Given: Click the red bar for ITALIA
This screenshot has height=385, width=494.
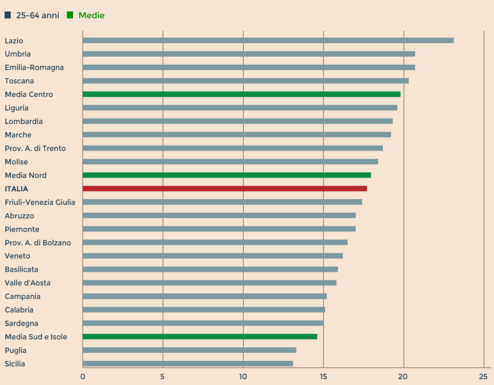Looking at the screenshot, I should tap(225, 188).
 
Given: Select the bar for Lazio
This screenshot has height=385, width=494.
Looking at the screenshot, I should tap(268, 40).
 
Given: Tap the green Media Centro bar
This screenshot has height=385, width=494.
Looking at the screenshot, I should tap(242, 94).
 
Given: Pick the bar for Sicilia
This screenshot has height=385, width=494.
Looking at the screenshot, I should tap(188, 363).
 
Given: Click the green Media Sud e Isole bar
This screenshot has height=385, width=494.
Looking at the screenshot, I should tap(200, 337).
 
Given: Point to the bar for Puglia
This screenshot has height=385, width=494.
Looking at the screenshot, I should tap(189, 350).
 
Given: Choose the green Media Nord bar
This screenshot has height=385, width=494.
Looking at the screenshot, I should tap(227, 175).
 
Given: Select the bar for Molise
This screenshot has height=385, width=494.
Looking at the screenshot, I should tap(230, 162).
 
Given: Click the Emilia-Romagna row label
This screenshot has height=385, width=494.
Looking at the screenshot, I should tap(34, 67).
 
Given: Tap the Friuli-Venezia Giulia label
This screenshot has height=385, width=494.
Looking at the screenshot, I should tap(40, 202).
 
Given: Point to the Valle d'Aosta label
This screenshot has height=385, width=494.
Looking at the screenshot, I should tap(28, 283).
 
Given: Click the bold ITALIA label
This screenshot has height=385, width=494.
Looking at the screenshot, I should tap(16, 189).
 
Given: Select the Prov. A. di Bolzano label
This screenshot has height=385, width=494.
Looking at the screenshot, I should tap(38, 243).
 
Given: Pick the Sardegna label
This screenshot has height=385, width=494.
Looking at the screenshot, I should tap(22, 323).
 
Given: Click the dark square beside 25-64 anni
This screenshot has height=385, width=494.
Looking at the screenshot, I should tap(8, 15).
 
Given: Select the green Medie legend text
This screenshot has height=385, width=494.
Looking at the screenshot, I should tap(92, 15).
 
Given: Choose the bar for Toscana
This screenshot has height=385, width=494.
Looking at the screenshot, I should tap(246, 81).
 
